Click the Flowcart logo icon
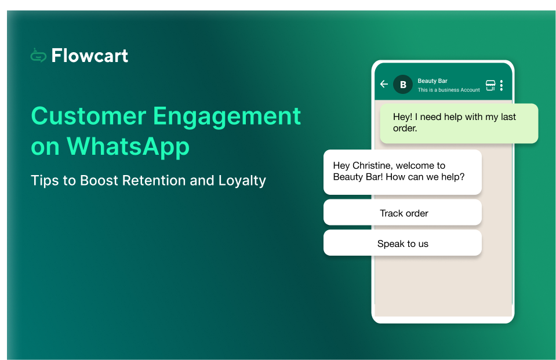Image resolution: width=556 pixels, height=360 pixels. pyautogui.click(x=38, y=55)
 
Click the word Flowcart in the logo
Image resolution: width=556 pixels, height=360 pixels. pyautogui.click(x=90, y=56)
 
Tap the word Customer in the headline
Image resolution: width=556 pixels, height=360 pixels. pyautogui.click(x=86, y=116)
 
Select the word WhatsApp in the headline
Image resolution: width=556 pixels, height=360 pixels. pyautogui.click(x=128, y=147)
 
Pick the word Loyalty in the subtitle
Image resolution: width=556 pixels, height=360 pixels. pyautogui.click(x=242, y=180)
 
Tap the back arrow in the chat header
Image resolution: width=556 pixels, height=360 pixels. pyautogui.click(x=384, y=84)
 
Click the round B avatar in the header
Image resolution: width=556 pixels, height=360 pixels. pyautogui.click(x=403, y=84)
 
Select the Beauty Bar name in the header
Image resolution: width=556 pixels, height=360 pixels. pyautogui.click(x=433, y=81)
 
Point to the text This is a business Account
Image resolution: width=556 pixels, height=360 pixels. pyautogui.click(x=449, y=90)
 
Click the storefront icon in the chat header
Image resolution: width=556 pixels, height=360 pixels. pyautogui.click(x=490, y=85)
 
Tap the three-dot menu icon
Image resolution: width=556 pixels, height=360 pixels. pyautogui.click(x=502, y=85)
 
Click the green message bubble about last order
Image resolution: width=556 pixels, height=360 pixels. pyautogui.click(x=459, y=123)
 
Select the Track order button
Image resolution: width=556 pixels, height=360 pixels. pyautogui.click(x=403, y=213)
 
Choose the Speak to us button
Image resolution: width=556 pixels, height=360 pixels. pyautogui.click(x=403, y=243)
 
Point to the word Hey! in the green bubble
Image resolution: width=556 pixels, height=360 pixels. pyautogui.click(x=402, y=117)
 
